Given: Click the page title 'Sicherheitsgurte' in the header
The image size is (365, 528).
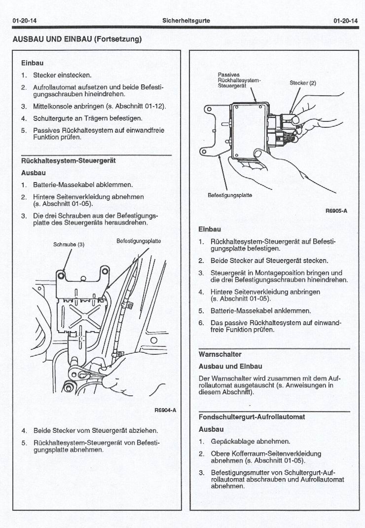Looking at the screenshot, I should click(x=186, y=21).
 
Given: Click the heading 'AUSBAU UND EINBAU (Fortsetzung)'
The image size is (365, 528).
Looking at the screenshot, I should click(x=77, y=39).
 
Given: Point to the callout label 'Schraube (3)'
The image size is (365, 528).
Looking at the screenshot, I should click(x=69, y=244).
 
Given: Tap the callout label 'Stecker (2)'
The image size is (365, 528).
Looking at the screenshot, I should click(x=302, y=83).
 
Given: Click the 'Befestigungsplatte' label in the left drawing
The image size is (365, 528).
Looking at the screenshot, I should click(x=139, y=241).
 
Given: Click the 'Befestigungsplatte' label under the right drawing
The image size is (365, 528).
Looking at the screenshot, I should click(x=230, y=195).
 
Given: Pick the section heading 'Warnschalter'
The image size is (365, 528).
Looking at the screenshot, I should click(x=220, y=354).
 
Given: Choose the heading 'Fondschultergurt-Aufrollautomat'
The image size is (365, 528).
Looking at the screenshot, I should click(x=252, y=417).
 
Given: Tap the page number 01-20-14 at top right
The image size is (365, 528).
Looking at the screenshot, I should click(x=345, y=21).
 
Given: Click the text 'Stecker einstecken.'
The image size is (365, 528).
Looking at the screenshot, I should click(x=62, y=75).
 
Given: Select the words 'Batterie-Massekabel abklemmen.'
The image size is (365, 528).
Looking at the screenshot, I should click(x=83, y=185).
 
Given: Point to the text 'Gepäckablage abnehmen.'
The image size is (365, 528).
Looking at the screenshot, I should click(x=250, y=441).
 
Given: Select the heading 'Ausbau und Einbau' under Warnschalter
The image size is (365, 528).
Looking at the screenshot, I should click(x=230, y=367).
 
